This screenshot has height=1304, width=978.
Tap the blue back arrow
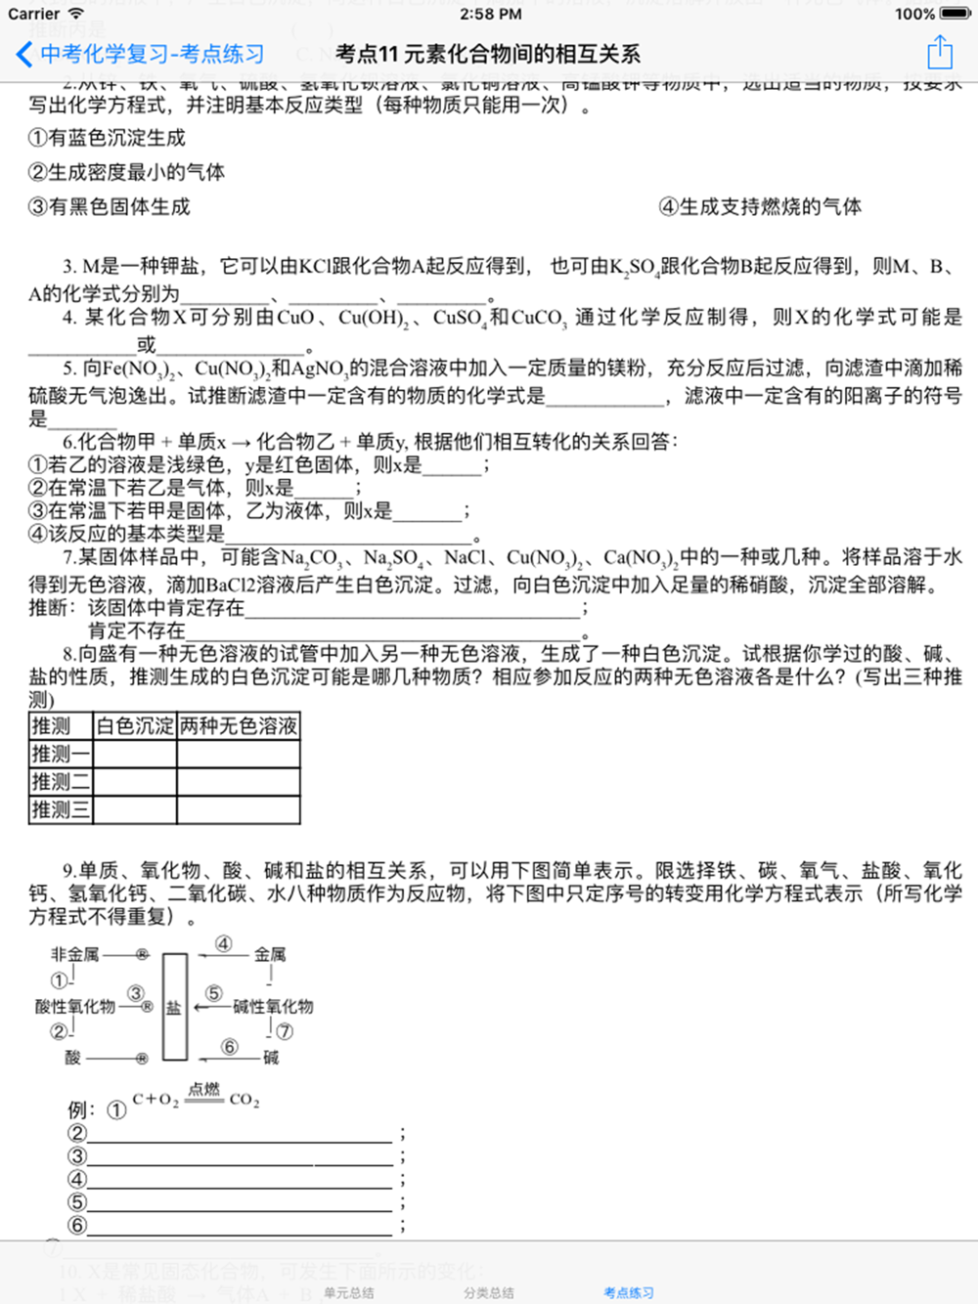pos(24,54)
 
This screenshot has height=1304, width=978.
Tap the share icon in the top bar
pos(939,53)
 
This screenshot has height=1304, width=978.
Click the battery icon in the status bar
pos(956,14)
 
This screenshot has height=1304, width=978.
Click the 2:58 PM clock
pos(490,14)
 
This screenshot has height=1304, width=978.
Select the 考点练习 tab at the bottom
pos(628,1292)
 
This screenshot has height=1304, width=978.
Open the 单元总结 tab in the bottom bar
pos(348,1292)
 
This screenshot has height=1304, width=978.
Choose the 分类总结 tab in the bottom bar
pos(488,1292)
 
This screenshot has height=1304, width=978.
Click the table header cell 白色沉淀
pos(135,726)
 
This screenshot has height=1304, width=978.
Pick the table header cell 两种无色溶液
pos(239,726)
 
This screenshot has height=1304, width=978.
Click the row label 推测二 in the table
pos(61,782)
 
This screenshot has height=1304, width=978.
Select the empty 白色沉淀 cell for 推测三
pos(135,809)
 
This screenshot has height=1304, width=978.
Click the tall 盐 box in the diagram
pos(174,1007)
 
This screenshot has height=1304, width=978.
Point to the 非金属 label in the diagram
pos(75,954)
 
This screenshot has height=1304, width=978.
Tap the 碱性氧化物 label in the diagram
pos(273,1007)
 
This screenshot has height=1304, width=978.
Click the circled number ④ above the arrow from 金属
pos(224,943)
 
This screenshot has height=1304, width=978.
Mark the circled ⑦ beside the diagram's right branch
pos(284,1030)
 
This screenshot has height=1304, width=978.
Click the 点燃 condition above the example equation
pos(203,1089)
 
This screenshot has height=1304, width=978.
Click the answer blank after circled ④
pos(240,1178)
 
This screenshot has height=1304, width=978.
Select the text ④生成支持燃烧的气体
pos(760,206)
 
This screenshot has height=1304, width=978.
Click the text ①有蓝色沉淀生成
pos(108,138)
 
